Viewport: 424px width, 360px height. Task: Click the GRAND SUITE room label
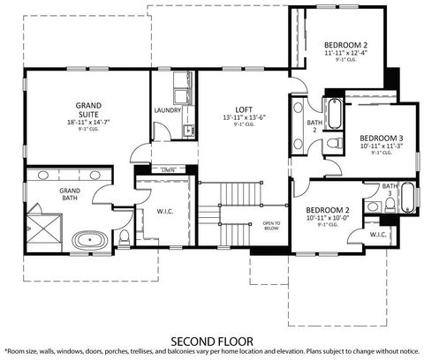(x=87, y=109)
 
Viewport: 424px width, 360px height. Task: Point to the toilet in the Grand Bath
(x=125, y=236)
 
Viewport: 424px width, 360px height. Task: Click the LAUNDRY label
(x=168, y=110)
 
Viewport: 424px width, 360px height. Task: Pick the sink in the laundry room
(x=187, y=131)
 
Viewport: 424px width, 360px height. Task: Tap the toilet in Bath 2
(x=332, y=143)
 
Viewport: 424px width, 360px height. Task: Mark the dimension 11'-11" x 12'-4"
(x=345, y=53)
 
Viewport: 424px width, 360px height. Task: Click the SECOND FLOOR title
(x=212, y=339)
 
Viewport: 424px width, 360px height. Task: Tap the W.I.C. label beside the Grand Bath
(x=163, y=211)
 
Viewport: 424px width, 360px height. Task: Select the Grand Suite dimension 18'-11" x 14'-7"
(x=87, y=122)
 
